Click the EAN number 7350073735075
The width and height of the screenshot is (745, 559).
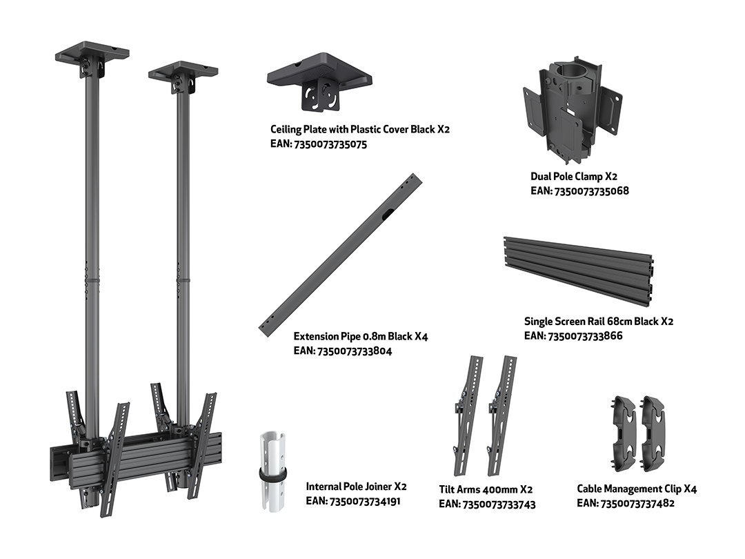tap(330, 144)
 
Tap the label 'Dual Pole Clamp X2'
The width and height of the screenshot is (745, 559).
tap(573, 177)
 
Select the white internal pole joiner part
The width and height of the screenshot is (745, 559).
tap(273, 471)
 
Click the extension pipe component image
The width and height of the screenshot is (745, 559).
tap(340, 255)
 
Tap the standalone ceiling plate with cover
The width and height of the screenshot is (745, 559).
tap(319, 81)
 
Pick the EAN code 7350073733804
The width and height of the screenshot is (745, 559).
tap(355, 351)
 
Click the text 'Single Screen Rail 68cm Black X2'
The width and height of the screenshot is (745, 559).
tap(599, 322)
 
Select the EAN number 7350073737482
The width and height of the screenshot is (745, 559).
tap(637, 503)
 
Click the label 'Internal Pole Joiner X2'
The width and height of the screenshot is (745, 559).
tap(357, 487)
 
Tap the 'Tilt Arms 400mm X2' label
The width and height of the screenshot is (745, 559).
tap(486, 489)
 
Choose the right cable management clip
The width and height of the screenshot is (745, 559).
tap(653, 433)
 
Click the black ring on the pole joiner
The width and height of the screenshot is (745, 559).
tap(272, 474)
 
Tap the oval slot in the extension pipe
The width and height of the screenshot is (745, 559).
tap(386, 215)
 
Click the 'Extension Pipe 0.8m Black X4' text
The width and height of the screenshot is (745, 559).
tap(361, 337)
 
